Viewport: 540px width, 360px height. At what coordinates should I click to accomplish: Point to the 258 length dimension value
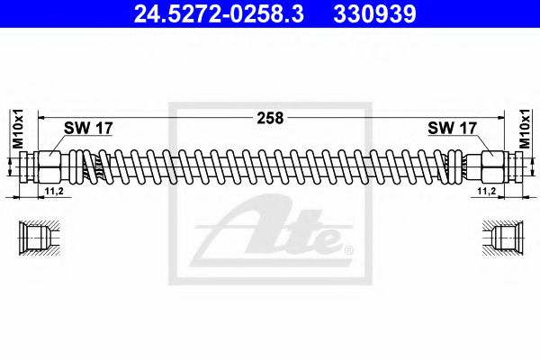point(270,117)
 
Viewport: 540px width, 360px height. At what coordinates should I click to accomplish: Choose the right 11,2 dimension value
point(488,192)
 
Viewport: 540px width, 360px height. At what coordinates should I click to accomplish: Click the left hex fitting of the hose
point(47,166)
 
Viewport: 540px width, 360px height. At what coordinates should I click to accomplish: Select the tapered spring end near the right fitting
point(463,166)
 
